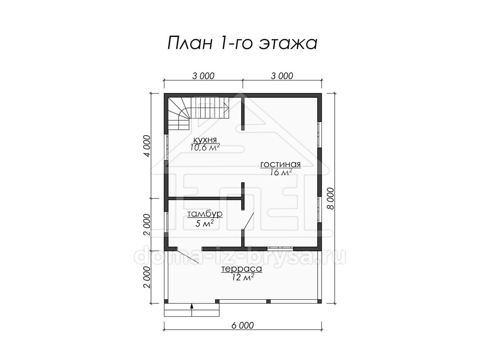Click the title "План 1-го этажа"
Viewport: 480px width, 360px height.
point(242,43)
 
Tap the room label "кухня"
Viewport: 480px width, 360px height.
point(205,140)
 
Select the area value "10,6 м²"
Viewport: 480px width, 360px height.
point(205,147)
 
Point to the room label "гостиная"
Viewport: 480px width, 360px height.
point(280,164)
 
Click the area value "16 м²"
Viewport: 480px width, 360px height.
point(281,172)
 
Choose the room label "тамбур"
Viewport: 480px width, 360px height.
point(205,214)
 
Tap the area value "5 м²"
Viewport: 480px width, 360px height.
point(204,223)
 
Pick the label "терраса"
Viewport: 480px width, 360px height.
point(242,269)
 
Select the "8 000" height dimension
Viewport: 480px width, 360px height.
point(331,198)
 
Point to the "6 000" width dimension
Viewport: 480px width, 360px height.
point(242,331)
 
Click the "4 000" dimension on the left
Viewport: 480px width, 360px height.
point(147,146)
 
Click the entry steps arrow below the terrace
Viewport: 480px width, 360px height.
point(192,310)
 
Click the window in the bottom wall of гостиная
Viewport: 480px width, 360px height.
point(280,248)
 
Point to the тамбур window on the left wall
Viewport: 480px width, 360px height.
point(166,222)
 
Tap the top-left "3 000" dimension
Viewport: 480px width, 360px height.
point(203,76)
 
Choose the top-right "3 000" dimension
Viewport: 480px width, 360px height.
point(282,76)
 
